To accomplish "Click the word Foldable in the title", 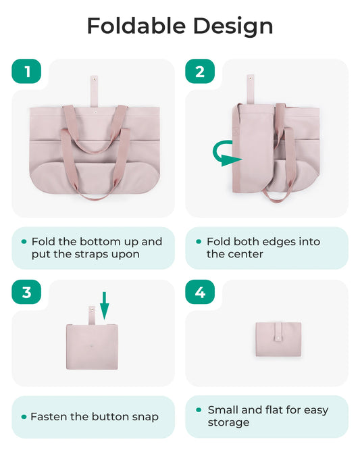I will (136, 26).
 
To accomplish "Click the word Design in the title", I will (233, 26).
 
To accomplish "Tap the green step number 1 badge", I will (27, 72).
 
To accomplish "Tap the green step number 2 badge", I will (200, 72).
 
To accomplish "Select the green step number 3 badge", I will (27, 292).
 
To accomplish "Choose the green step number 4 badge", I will (200, 292).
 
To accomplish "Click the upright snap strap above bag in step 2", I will (250, 89).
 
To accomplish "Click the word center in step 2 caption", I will (245, 255).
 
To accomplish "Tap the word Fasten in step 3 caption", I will (51, 417).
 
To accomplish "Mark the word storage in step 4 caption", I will (229, 422).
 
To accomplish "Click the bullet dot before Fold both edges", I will (198, 241).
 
